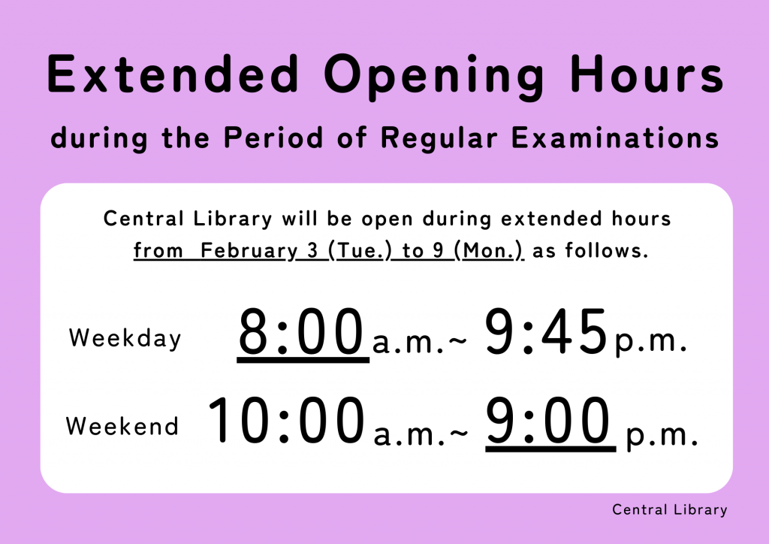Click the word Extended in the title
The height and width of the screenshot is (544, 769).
pyautogui.click(x=173, y=74)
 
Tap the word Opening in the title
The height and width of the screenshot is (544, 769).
pyautogui.click(x=434, y=77)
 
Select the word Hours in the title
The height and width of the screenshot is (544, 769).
pyautogui.click(x=647, y=74)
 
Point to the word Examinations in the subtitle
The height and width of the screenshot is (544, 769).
pyautogui.click(x=615, y=138)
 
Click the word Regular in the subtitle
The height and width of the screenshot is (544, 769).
pyautogui.click(x=439, y=139)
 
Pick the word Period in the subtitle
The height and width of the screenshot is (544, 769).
pyautogui.click(x=273, y=138)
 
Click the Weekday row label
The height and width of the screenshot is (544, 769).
pyautogui.click(x=125, y=339)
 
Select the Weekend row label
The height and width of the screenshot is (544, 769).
pyautogui.click(x=122, y=426)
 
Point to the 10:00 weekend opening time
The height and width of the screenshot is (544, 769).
pyautogui.click(x=287, y=420)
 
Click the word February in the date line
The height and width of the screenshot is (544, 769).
pyautogui.click(x=249, y=251)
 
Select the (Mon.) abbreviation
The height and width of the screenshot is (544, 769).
pyautogui.click(x=489, y=251)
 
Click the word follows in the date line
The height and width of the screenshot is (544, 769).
pyautogui.click(x=607, y=250)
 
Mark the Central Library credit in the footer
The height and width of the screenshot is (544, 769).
pyautogui.click(x=669, y=510)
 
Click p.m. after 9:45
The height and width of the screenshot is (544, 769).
pyautogui.click(x=650, y=341)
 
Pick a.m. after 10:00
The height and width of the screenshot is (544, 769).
pyautogui.click(x=409, y=434)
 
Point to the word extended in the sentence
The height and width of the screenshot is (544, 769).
pyautogui.click(x=551, y=219)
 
